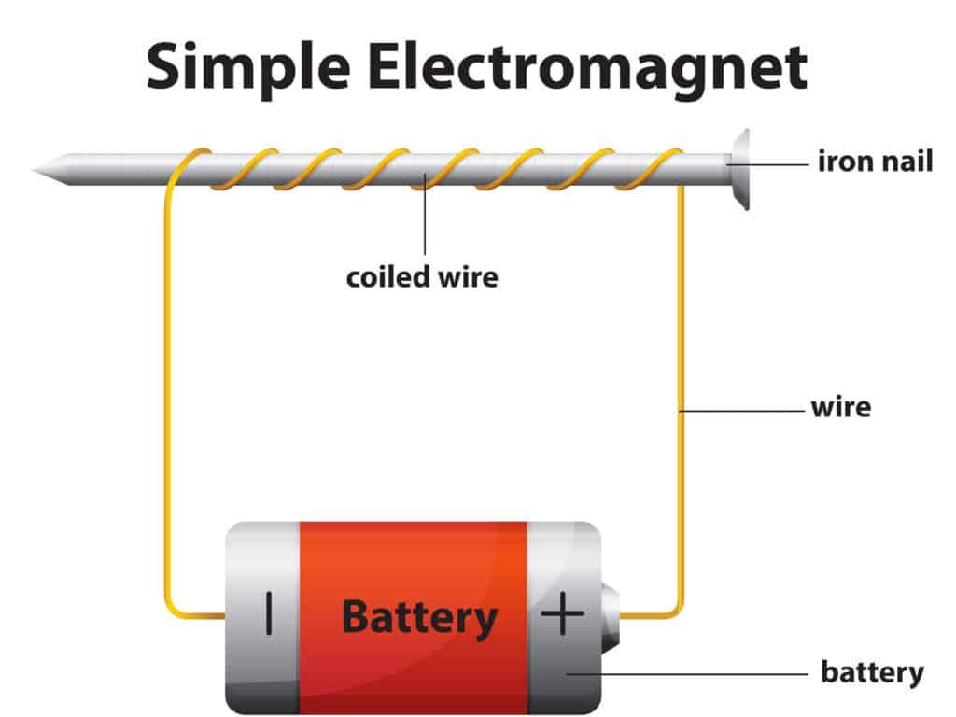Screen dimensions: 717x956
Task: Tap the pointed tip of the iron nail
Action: tap(37, 170)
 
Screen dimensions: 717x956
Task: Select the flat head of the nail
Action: tap(740, 168)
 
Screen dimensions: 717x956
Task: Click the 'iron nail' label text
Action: tap(875, 162)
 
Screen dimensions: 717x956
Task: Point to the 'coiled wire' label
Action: tap(422, 277)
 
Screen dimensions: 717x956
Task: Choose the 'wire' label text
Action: tap(840, 408)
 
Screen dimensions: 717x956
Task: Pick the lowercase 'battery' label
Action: tap(872, 671)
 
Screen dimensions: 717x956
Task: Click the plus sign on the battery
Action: tap(563, 615)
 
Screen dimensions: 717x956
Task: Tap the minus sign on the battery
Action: tap(269, 615)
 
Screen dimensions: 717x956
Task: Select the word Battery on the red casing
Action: tap(419, 617)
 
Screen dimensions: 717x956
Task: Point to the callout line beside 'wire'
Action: tap(742, 409)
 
